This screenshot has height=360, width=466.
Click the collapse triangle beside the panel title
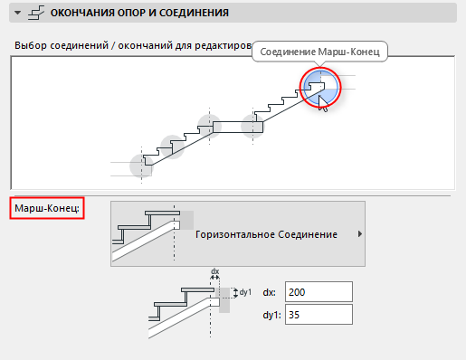click(x=18, y=13)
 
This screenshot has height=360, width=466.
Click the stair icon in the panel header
click(x=36, y=13)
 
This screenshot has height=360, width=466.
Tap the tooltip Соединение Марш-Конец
click(x=319, y=52)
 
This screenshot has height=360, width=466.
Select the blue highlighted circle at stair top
click(x=320, y=87)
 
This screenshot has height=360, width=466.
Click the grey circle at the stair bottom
click(x=141, y=166)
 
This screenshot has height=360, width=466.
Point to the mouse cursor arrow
click(x=322, y=103)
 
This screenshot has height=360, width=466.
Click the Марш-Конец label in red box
click(x=47, y=208)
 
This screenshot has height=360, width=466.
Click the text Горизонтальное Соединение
click(x=266, y=234)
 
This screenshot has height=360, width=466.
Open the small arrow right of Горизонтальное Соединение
click(x=359, y=234)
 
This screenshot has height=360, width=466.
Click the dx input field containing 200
click(x=319, y=292)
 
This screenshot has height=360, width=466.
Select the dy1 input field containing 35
click(x=319, y=315)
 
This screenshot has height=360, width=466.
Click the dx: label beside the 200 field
click(x=270, y=292)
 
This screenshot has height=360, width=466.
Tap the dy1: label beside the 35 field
click(x=271, y=315)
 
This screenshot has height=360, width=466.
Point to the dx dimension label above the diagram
click(x=214, y=271)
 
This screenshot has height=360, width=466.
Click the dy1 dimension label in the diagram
click(x=245, y=292)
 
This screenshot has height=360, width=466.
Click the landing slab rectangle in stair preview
click(x=238, y=127)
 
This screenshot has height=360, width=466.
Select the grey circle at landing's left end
click(x=209, y=127)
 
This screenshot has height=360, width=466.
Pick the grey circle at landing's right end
click(x=252, y=127)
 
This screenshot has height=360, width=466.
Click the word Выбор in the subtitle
click(x=31, y=45)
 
